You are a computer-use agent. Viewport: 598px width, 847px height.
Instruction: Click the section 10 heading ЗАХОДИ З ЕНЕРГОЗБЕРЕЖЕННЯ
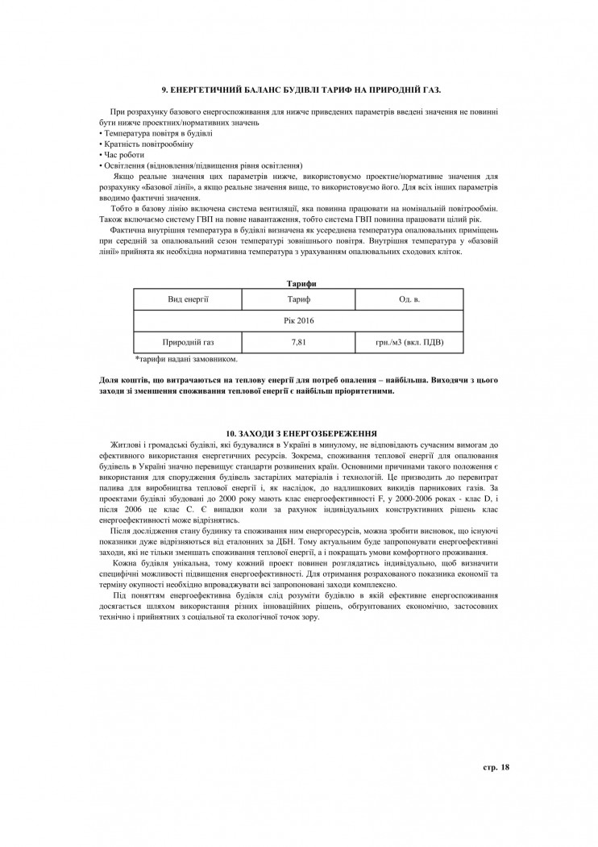(301, 434)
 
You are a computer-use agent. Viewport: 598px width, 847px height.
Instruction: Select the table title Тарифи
(301, 283)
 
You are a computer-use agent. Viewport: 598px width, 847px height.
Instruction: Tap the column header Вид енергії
(189, 299)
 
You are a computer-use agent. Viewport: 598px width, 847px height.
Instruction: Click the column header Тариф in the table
(299, 299)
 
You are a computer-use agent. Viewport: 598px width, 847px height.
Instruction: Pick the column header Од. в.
(409, 299)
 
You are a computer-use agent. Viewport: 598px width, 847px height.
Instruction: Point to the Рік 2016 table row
(299, 320)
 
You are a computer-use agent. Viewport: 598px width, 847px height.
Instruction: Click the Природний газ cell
(189, 342)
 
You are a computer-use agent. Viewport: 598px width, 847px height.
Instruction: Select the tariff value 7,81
(299, 342)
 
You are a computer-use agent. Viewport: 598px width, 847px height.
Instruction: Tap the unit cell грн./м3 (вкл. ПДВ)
(409, 342)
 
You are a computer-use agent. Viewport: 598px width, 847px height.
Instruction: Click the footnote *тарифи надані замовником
(186, 359)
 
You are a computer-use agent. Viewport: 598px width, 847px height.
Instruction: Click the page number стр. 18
(496, 766)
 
